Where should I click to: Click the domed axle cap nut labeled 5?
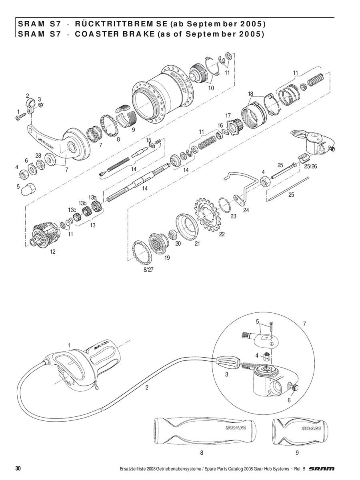pos(28,188)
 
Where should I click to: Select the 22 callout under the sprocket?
pos(222,234)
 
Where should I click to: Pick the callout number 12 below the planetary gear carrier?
pos(53,252)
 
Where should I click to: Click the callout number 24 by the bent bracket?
pos(246,210)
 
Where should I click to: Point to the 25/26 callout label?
pos(310,166)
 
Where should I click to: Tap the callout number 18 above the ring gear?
pos(250,94)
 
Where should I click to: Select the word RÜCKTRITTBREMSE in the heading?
pos(121,24)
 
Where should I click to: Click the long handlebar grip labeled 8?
pos(205,430)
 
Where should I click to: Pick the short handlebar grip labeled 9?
pos(300,430)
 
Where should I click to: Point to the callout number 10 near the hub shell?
pos(211,88)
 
